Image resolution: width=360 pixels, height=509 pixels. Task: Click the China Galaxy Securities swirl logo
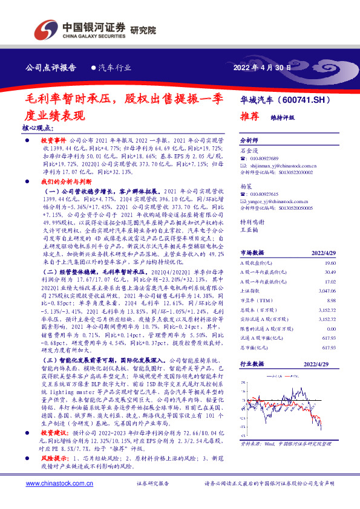[x=44, y=28]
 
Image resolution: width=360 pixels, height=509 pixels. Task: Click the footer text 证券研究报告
[x=152, y=484]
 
